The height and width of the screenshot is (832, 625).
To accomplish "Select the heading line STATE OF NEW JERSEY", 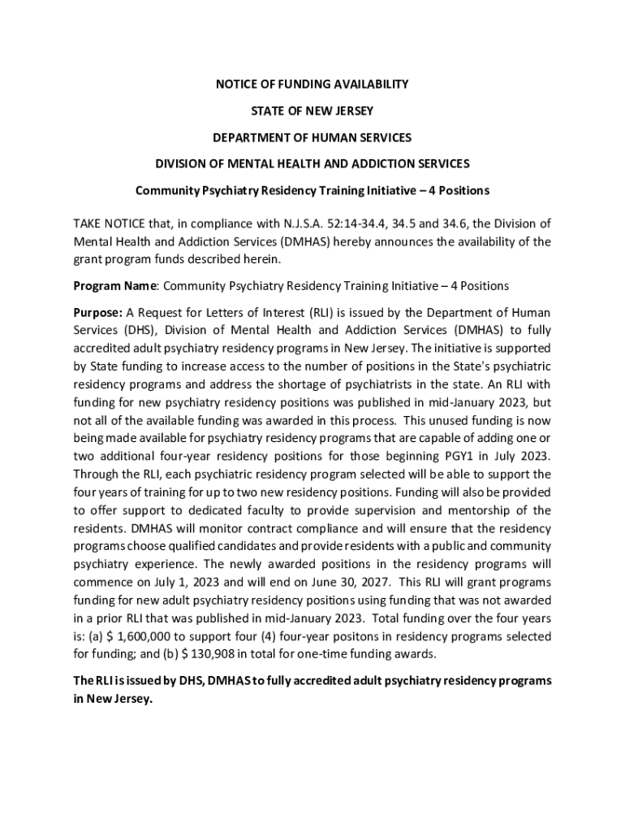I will (x=312, y=110).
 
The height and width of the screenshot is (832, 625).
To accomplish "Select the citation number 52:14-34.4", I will (x=369, y=223).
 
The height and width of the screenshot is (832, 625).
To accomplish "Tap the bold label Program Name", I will (x=114, y=286).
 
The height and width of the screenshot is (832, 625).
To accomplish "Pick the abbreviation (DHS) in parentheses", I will (x=141, y=331).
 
